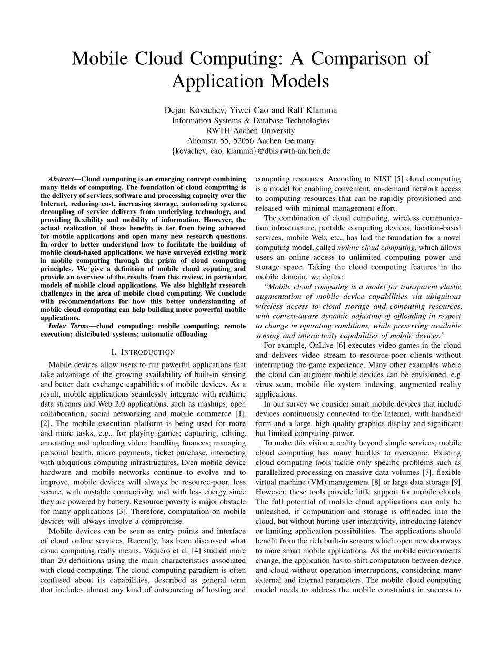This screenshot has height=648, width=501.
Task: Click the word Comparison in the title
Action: click(349, 58)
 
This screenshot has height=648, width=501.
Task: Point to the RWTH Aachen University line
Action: click(250, 130)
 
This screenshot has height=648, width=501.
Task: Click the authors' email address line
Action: click(250, 151)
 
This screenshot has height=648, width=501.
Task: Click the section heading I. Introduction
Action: click(143, 352)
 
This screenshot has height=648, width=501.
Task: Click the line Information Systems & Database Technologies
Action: click(250, 120)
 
